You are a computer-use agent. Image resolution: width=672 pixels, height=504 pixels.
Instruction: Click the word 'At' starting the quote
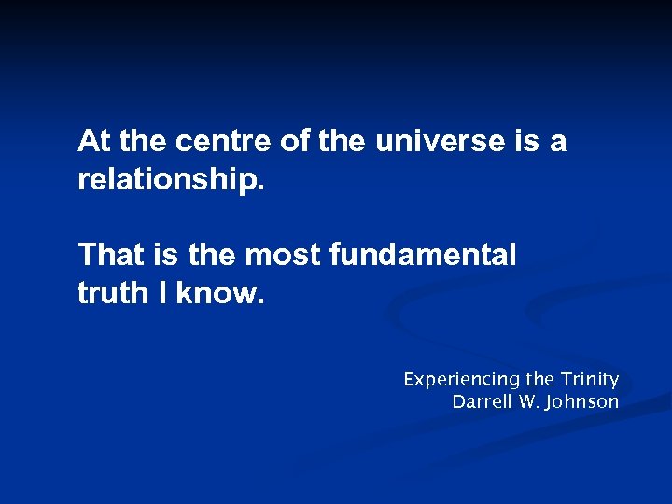[x=95, y=142]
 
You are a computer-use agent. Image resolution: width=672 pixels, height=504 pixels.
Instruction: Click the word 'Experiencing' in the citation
[x=461, y=380]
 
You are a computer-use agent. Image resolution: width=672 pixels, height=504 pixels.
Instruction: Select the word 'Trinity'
[x=590, y=380]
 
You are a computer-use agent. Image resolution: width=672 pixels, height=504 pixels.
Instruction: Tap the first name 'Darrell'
[x=482, y=402]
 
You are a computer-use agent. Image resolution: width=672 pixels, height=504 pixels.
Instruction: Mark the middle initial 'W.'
[x=528, y=402]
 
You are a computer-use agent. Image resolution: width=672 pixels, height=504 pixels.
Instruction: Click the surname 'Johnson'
[x=583, y=402]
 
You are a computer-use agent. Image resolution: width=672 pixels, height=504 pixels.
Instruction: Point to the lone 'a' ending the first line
[x=557, y=142]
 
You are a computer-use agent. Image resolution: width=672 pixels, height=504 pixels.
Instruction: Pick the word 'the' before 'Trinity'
[x=540, y=380]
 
